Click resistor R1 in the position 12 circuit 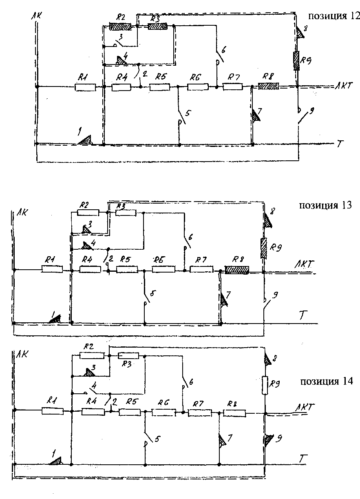[x=86, y=87]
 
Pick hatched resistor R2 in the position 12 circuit [x=120, y=27]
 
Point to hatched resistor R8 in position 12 [x=268, y=86]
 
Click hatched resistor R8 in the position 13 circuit [x=237, y=270]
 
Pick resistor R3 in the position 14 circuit [x=128, y=356]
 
